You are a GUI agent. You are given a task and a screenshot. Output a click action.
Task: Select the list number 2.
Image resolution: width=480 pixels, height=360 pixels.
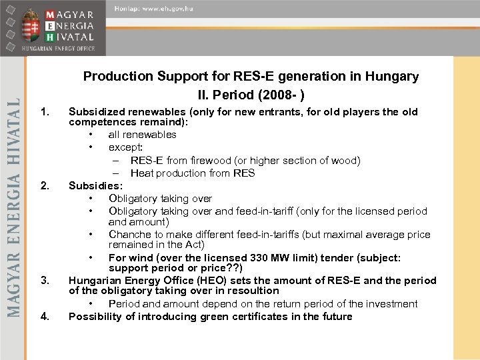click(45, 185)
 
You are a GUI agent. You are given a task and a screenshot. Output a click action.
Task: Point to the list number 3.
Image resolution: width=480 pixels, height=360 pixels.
click(45, 278)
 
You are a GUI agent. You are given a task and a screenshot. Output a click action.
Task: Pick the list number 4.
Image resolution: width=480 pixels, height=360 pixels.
click(45, 316)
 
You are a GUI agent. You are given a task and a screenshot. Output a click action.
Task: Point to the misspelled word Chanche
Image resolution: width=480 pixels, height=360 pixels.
click(131, 235)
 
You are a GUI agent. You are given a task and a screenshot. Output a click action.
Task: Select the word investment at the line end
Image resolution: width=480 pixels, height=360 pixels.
click(389, 304)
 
